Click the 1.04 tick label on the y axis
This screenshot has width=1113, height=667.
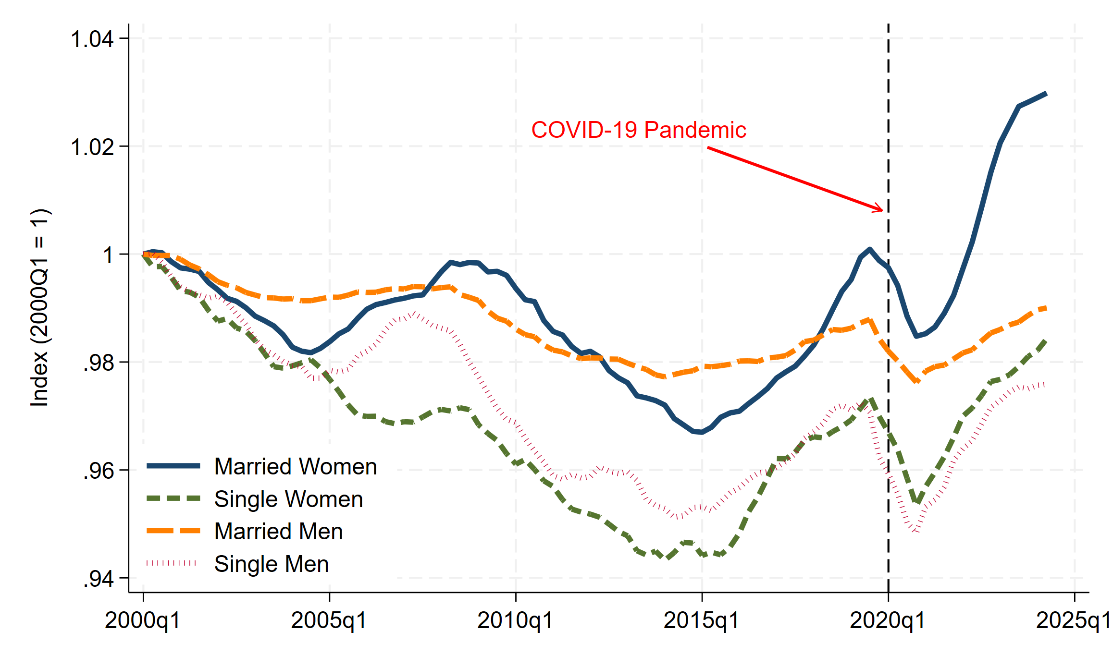(x=92, y=39)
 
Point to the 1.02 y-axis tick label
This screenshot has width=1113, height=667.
(x=92, y=146)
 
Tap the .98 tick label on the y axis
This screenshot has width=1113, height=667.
(x=99, y=363)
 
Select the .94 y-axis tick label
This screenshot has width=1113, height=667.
(x=99, y=579)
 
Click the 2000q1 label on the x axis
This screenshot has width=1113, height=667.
(x=142, y=620)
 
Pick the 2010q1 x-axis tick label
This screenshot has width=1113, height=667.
(x=515, y=620)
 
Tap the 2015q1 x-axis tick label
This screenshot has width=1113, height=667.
(x=701, y=620)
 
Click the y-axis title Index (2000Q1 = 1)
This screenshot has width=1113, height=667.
(x=39, y=307)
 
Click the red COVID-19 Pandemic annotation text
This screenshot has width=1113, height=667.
(x=638, y=130)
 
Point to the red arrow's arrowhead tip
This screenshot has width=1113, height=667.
(x=882, y=210)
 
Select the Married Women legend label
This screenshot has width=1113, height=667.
(x=295, y=467)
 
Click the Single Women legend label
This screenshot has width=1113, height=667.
(x=288, y=499)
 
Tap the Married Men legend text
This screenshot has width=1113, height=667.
(x=278, y=532)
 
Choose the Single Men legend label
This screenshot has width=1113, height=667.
(x=271, y=564)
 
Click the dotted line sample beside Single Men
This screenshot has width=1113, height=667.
(x=172, y=563)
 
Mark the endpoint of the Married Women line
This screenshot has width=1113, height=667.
(x=1046, y=94)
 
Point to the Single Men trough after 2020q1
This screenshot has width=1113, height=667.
(x=917, y=531)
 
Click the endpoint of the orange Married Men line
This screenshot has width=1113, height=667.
(x=1046, y=308)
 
